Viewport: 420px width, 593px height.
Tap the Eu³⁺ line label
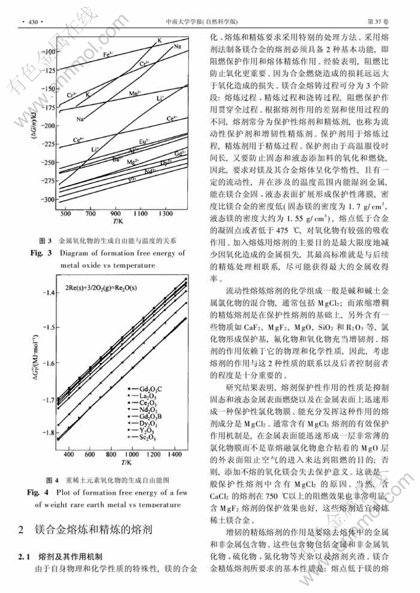coord(143,141)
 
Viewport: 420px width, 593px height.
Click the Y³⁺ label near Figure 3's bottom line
coord(131,180)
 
